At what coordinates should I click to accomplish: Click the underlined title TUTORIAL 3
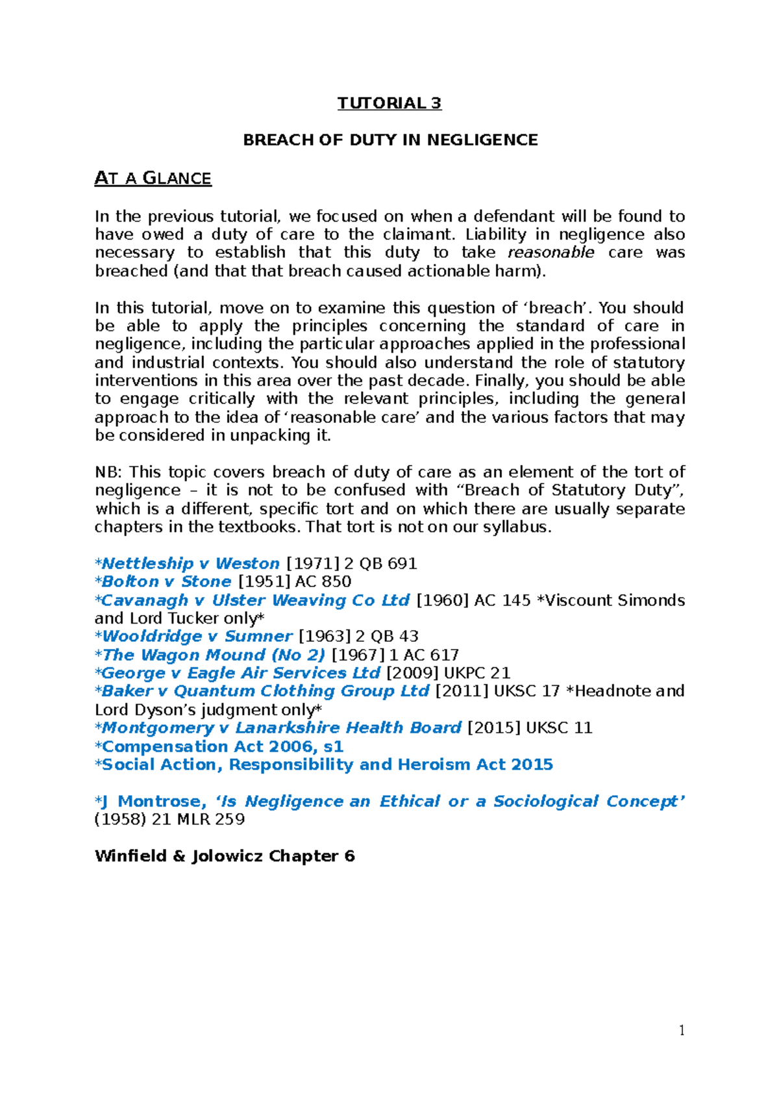coord(389,103)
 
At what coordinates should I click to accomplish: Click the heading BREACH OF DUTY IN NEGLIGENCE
coord(390,140)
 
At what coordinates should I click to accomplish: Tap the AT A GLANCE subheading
coord(153,178)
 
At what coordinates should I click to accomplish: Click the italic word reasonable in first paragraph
coord(550,253)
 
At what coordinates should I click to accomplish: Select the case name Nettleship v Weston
coord(190,563)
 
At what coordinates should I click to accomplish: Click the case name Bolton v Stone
coord(166,581)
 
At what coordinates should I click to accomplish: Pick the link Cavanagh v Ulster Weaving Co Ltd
coord(255,600)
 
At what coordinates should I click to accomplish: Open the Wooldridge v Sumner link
coord(197,637)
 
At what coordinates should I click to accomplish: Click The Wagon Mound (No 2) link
coord(213,655)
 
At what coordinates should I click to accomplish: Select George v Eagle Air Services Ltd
coord(240,673)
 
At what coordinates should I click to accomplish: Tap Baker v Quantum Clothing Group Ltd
coord(265,691)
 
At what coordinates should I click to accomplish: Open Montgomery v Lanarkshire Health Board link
coord(281,728)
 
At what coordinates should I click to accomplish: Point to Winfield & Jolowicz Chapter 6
coord(225,856)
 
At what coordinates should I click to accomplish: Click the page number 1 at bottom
coord(682,1030)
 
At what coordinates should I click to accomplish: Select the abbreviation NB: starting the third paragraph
coord(108,472)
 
